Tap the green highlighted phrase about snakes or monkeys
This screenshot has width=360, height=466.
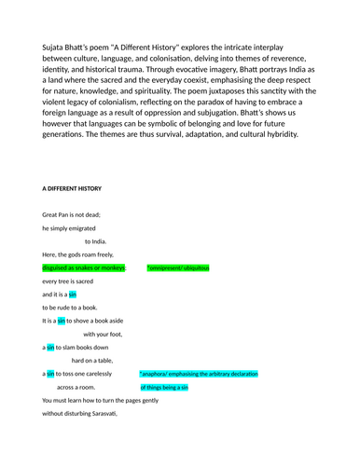(x=84, y=267)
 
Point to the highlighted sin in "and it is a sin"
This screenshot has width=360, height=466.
(x=73, y=294)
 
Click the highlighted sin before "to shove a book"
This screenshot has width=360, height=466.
(x=62, y=321)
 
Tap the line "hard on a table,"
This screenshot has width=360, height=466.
(x=98, y=360)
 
